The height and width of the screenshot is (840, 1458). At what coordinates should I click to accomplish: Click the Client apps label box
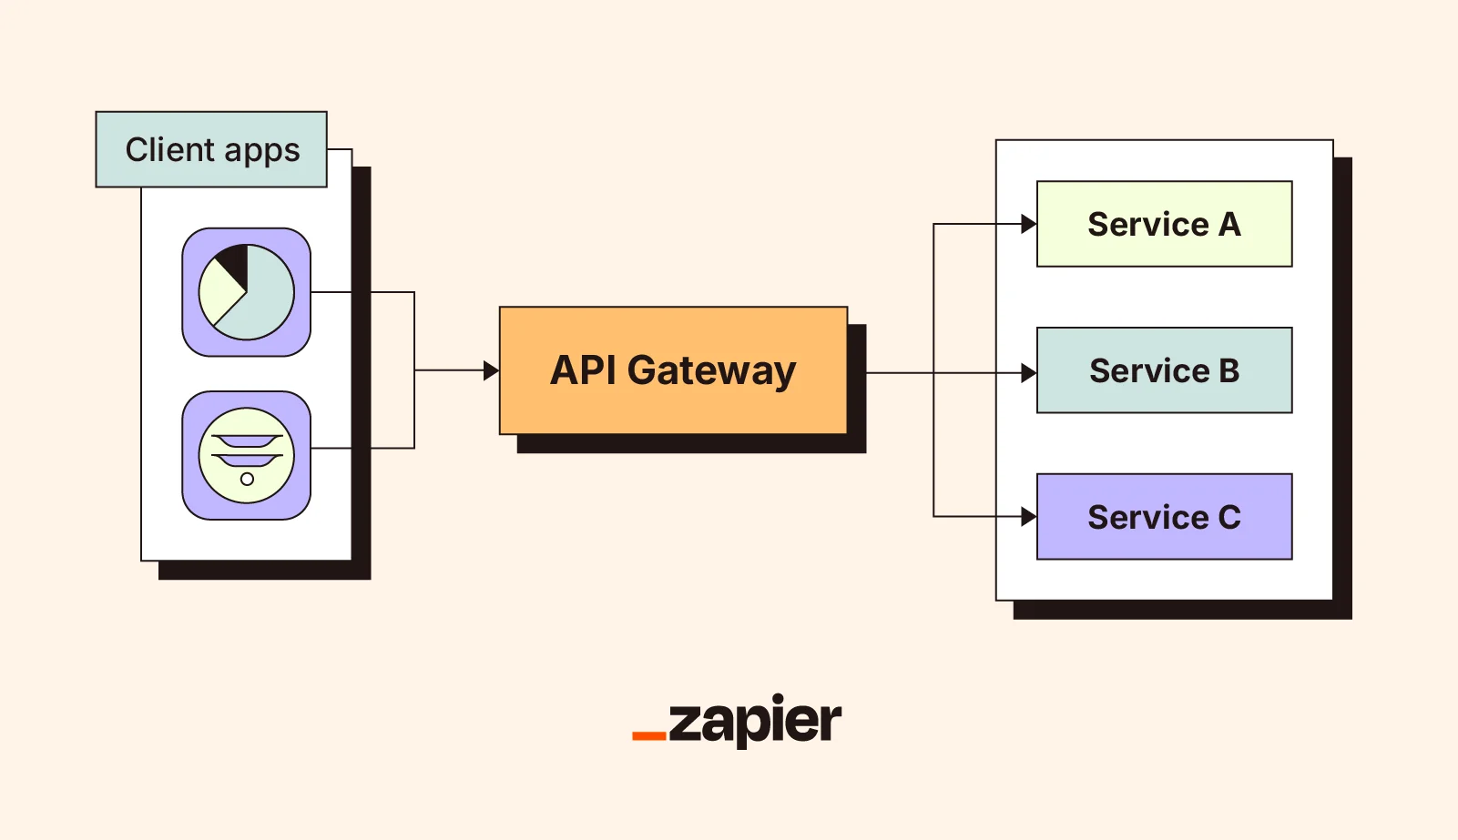point(211,149)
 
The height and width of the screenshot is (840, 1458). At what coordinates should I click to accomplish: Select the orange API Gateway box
point(673,370)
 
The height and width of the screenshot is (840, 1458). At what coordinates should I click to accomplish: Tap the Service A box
point(1164,224)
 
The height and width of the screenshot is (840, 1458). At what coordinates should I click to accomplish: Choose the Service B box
point(1164,370)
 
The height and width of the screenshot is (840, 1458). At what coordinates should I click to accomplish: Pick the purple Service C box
point(1164,516)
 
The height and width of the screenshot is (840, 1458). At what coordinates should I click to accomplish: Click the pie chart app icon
point(246,292)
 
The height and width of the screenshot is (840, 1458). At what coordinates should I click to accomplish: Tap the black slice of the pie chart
point(236,263)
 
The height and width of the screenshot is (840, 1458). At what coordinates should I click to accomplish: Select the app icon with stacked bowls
point(246,455)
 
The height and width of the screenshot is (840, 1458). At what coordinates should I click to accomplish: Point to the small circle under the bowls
point(247,479)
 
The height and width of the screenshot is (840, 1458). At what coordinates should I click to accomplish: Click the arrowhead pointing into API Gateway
point(491,370)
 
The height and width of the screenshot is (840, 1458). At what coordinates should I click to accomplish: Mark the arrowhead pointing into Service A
point(1028,224)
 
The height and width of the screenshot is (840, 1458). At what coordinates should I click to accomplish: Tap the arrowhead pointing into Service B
point(1028,373)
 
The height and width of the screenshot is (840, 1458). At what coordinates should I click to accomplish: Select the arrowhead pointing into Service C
point(1028,517)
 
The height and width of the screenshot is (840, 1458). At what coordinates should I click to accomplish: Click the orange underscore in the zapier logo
point(648,735)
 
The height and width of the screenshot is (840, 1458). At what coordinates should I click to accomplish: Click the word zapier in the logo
point(755,722)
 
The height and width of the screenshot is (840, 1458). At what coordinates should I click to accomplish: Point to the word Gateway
point(711,371)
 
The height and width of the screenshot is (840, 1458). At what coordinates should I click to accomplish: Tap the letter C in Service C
point(1229,517)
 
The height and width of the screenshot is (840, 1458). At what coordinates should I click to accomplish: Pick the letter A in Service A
point(1229,224)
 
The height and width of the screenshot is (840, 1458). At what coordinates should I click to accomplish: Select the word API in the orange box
point(584,370)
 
